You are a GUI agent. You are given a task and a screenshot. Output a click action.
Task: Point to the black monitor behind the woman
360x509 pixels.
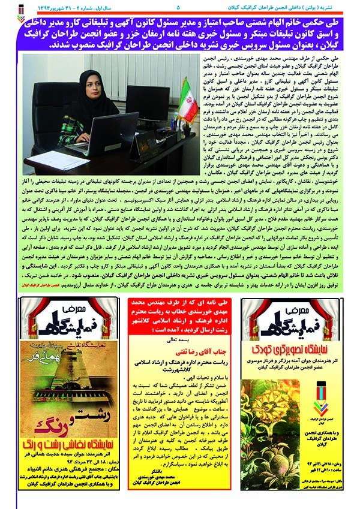tap(145, 101)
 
